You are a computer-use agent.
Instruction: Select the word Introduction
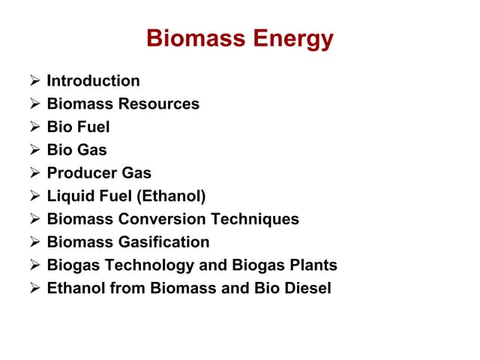pos(93,80)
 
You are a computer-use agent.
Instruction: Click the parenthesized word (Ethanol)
pos(169,196)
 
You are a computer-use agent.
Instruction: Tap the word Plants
pos(313,265)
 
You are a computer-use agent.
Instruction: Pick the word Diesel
pos(307,288)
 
